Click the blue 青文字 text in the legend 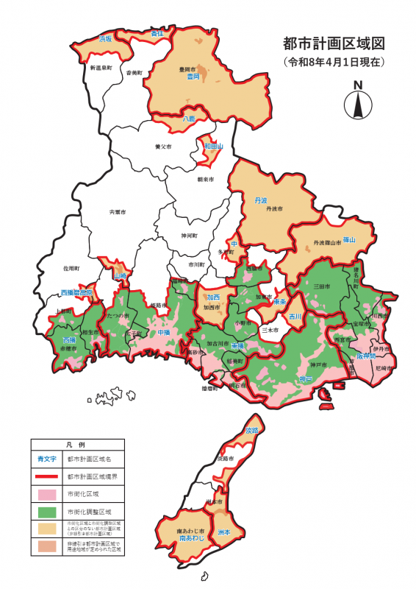46,458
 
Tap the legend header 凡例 77,445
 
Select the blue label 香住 157,33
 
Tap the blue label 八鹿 189,118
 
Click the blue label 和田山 213,147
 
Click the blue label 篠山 348,240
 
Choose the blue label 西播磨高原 76,292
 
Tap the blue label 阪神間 366,356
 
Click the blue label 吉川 295,317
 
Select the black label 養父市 162,147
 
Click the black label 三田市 322,286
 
